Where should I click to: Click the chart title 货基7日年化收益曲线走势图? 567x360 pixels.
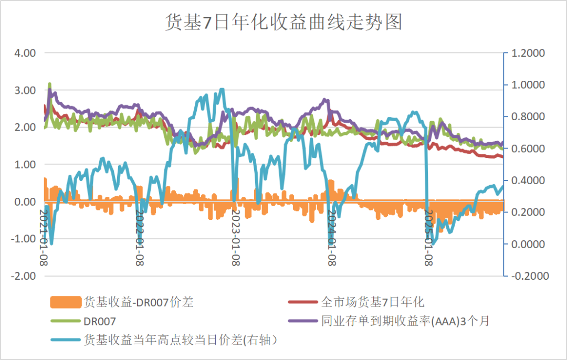click(x=283, y=23)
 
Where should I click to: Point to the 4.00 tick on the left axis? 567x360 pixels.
click(x=24, y=53)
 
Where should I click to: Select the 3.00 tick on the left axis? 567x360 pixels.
click(x=24, y=90)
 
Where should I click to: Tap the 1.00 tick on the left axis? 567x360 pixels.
click(x=24, y=165)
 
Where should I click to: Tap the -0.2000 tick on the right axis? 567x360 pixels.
click(x=528, y=276)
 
